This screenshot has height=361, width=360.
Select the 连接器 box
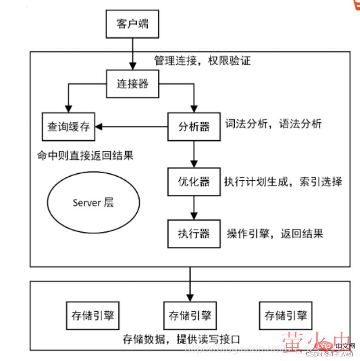[x=133, y=84]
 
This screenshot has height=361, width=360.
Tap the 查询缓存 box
[x=69, y=126]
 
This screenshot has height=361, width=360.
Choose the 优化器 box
[x=194, y=181]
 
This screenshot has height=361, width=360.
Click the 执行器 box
[x=194, y=234]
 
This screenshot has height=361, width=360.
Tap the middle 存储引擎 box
[x=190, y=316]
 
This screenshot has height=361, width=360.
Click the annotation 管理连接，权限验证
[x=202, y=60]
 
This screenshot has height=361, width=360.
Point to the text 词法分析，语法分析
[x=273, y=124]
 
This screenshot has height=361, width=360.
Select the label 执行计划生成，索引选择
[x=283, y=181]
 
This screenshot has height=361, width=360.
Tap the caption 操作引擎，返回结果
[x=275, y=234]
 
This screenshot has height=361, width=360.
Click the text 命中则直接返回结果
[x=85, y=155]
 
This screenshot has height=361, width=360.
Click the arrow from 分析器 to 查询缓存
[x=134, y=126]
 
